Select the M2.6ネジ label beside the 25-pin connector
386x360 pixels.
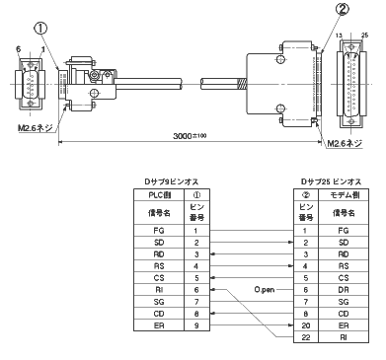click(x=345, y=145)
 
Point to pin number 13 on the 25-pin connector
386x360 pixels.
click(x=341, y=36)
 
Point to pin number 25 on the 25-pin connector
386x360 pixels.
click(x=366, y=36)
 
